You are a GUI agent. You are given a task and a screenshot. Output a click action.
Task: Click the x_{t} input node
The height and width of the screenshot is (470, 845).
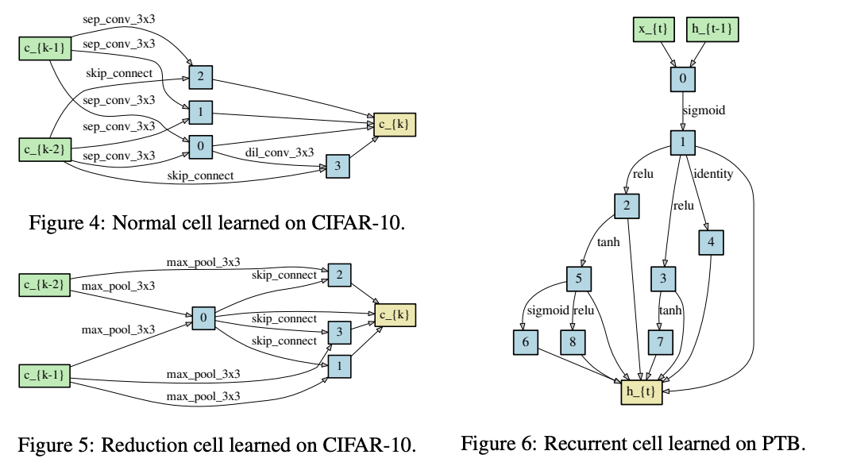653,29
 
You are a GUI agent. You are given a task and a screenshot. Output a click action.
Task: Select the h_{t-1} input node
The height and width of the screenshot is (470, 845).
712,29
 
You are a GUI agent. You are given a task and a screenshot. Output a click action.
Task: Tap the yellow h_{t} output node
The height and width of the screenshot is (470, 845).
642,392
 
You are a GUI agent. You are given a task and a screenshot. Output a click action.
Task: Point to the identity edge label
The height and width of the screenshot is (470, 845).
713,174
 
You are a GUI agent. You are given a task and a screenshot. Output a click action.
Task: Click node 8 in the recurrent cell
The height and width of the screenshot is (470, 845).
573,341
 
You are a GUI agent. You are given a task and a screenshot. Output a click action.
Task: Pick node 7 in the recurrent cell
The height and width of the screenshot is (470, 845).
660,341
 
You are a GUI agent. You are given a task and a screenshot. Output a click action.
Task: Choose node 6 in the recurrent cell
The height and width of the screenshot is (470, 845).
526,341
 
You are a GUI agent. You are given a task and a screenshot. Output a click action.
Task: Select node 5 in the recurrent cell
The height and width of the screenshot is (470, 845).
579,279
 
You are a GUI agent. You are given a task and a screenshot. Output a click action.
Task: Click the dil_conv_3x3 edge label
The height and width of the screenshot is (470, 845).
280,152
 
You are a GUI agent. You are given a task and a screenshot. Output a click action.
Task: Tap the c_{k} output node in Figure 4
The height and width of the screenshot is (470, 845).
395,125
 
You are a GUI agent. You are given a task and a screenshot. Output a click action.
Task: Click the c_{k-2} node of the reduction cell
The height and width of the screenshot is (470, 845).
44,284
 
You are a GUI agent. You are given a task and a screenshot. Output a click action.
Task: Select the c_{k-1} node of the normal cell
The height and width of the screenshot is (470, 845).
45,48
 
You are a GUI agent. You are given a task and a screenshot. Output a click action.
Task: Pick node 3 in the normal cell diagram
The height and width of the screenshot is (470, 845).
338,166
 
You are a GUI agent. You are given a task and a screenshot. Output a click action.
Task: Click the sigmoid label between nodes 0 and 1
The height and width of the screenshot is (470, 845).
704,110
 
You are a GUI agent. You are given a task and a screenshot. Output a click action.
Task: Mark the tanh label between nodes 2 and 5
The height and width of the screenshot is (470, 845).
608,243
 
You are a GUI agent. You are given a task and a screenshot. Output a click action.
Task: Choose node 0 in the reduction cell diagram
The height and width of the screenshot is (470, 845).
203,318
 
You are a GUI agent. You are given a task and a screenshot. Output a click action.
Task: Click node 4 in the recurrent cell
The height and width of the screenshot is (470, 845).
711,243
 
